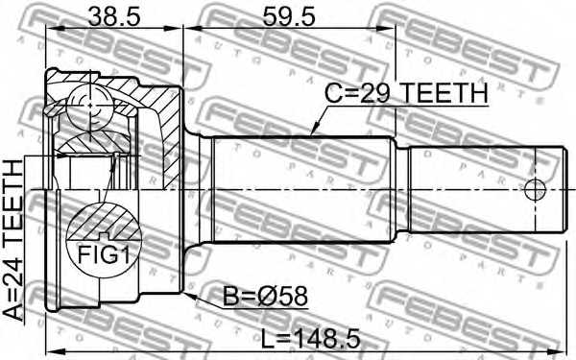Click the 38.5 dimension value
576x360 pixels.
point(114,16)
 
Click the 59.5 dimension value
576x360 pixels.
point(288,16)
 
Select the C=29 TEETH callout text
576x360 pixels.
point(407,93)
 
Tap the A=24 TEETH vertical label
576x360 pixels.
point(13,239)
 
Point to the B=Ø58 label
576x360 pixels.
point(265,297)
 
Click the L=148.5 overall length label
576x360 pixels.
point(311,339)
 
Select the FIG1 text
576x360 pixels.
point(104,255)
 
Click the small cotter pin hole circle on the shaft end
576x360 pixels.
point(535,190)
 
